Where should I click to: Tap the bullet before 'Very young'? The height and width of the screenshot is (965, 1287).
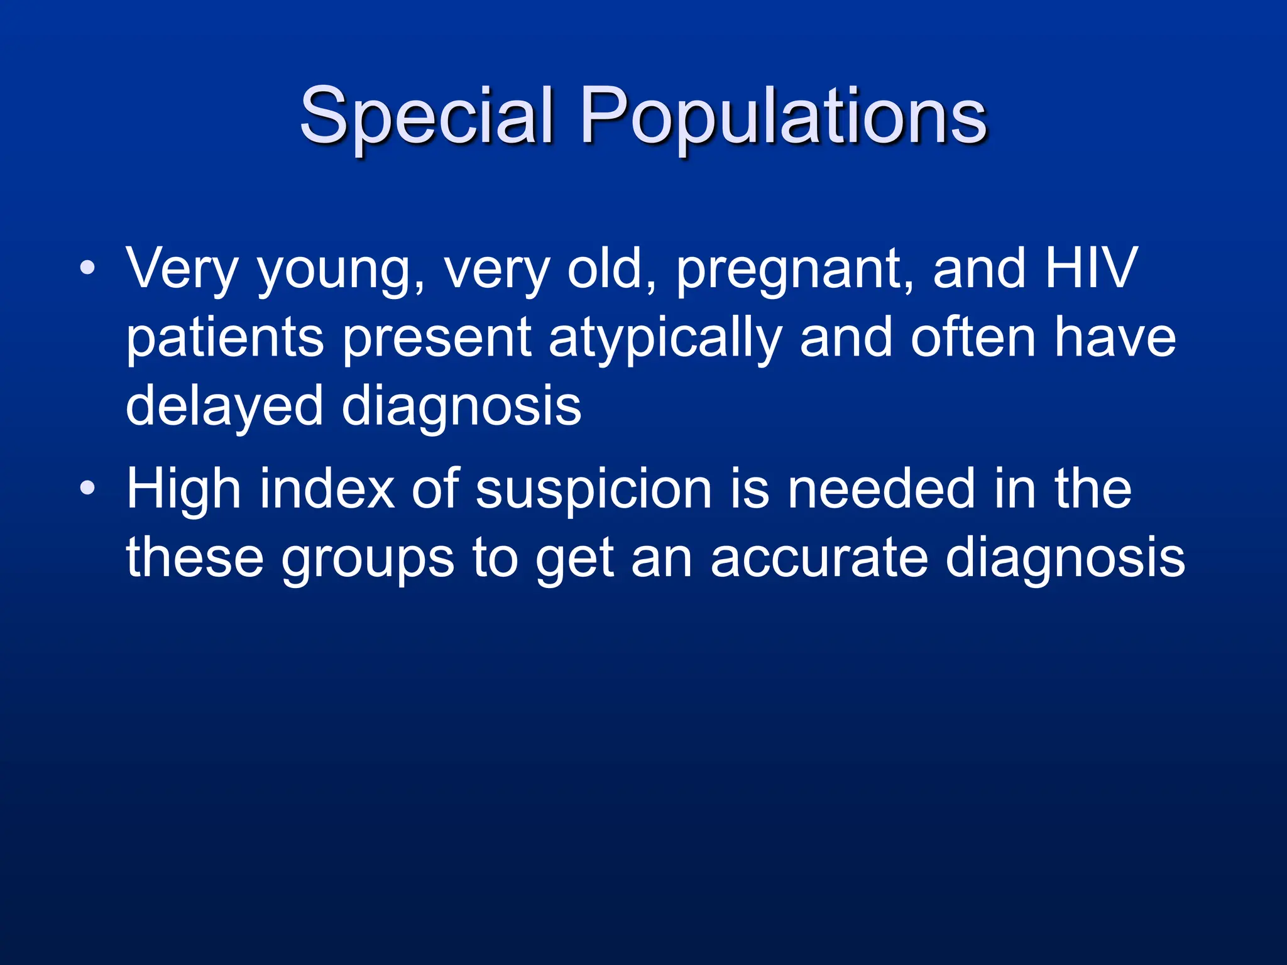pyautogui.click(x=87, y=269)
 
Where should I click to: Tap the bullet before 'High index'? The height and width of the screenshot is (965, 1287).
pyautogui.click(x=87, y=488)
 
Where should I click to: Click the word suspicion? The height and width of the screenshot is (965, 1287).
pyautogui.click(x=593, y=491)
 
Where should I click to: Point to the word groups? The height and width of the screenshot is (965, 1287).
pyautogui.click(x=367, y=560)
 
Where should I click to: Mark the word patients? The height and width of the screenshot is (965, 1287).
pyautogui.click(x=224, y=339)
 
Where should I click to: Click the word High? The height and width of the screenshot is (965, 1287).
pyautogui.click(x=183, y=491)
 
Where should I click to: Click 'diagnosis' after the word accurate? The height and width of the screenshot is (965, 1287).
pyautogui.click(x=1065, y=560)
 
